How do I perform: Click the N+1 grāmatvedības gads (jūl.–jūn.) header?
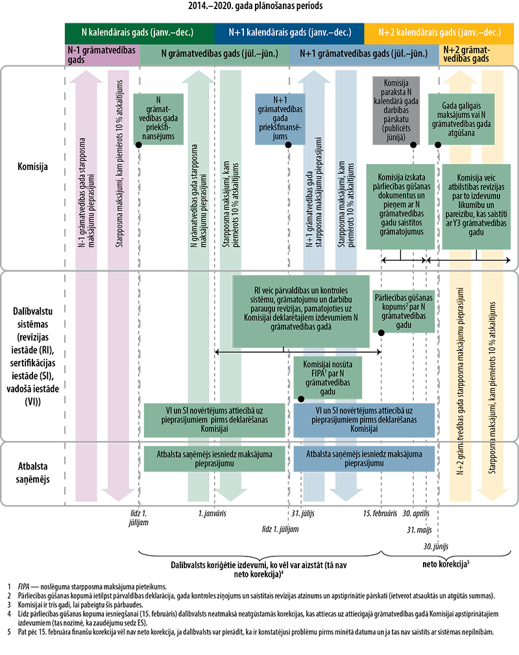click(x=367, y=55)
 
